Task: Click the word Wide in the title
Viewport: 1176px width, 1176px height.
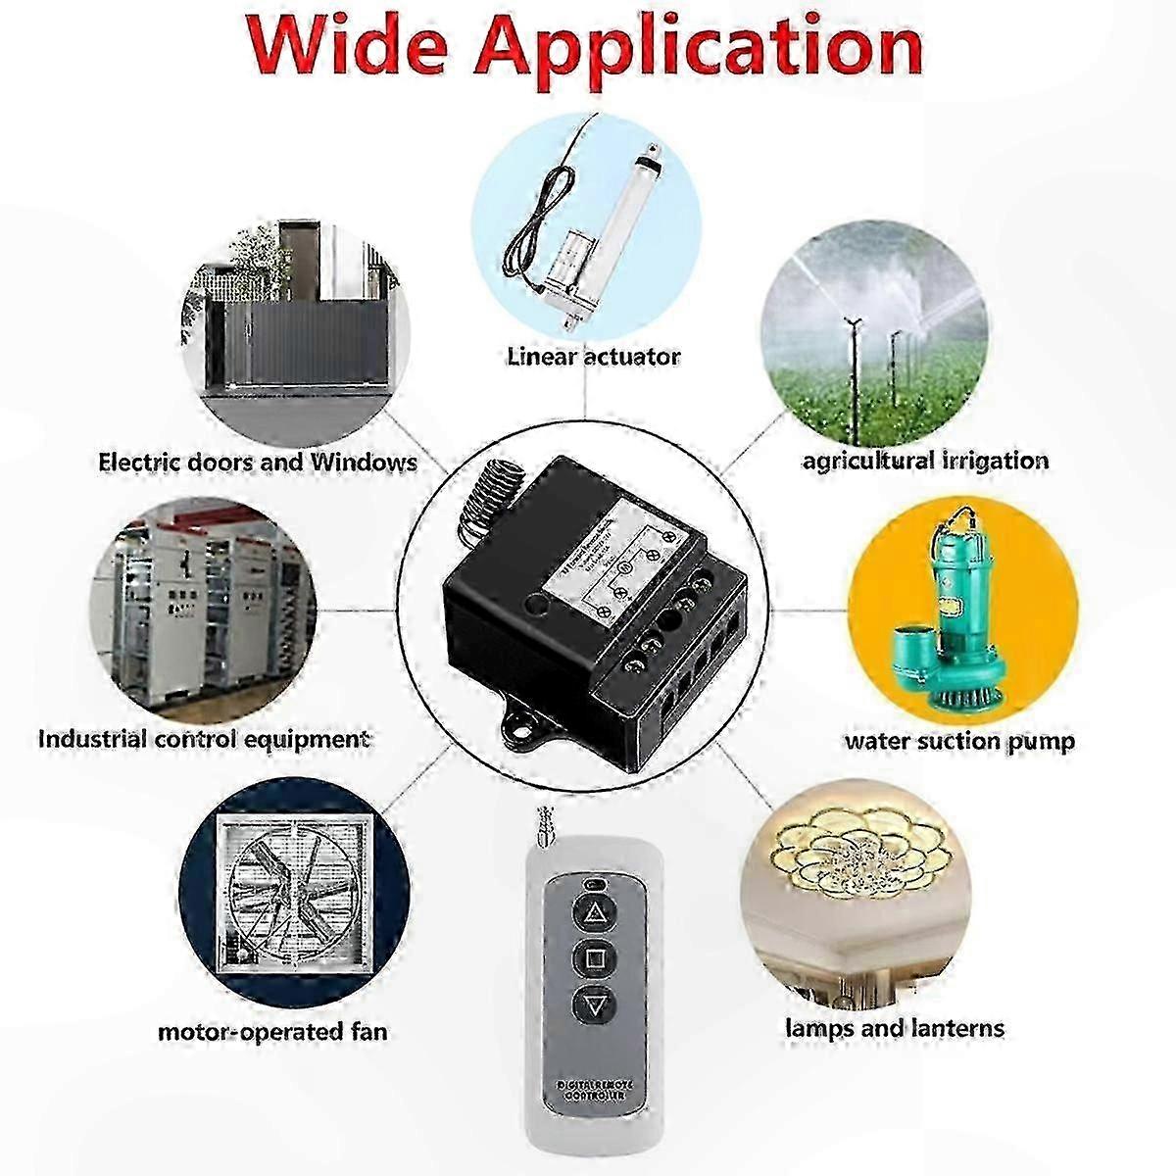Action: click(343, 46)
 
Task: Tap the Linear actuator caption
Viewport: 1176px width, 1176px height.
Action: click(593, 356)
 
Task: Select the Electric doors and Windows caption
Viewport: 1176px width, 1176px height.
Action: click(259, 462)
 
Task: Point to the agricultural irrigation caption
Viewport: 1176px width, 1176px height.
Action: click(925, 461)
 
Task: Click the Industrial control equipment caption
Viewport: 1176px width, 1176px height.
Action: click(204, 738)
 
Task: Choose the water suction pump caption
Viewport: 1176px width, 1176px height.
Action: click(959, 741)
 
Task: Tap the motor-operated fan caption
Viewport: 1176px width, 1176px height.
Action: click(272, 1031)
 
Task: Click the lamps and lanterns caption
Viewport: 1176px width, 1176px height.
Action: click(894, 1028)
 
